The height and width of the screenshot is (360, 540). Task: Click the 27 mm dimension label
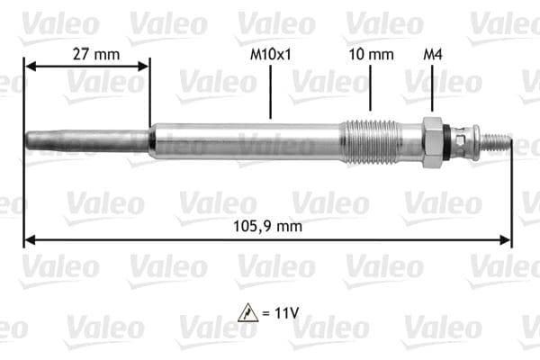coord(94,54)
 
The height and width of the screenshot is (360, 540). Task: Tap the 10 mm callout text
coord(371,54)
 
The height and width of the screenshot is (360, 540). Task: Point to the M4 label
coord(432,54)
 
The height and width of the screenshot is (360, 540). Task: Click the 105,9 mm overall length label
coord(266,227)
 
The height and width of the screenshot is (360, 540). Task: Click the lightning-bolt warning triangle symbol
coord(247,313)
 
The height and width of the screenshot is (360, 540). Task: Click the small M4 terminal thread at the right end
coord(499,142)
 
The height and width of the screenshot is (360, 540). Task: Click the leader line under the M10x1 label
coord(270,90)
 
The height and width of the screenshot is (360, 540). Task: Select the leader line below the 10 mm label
coord(370,90)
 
